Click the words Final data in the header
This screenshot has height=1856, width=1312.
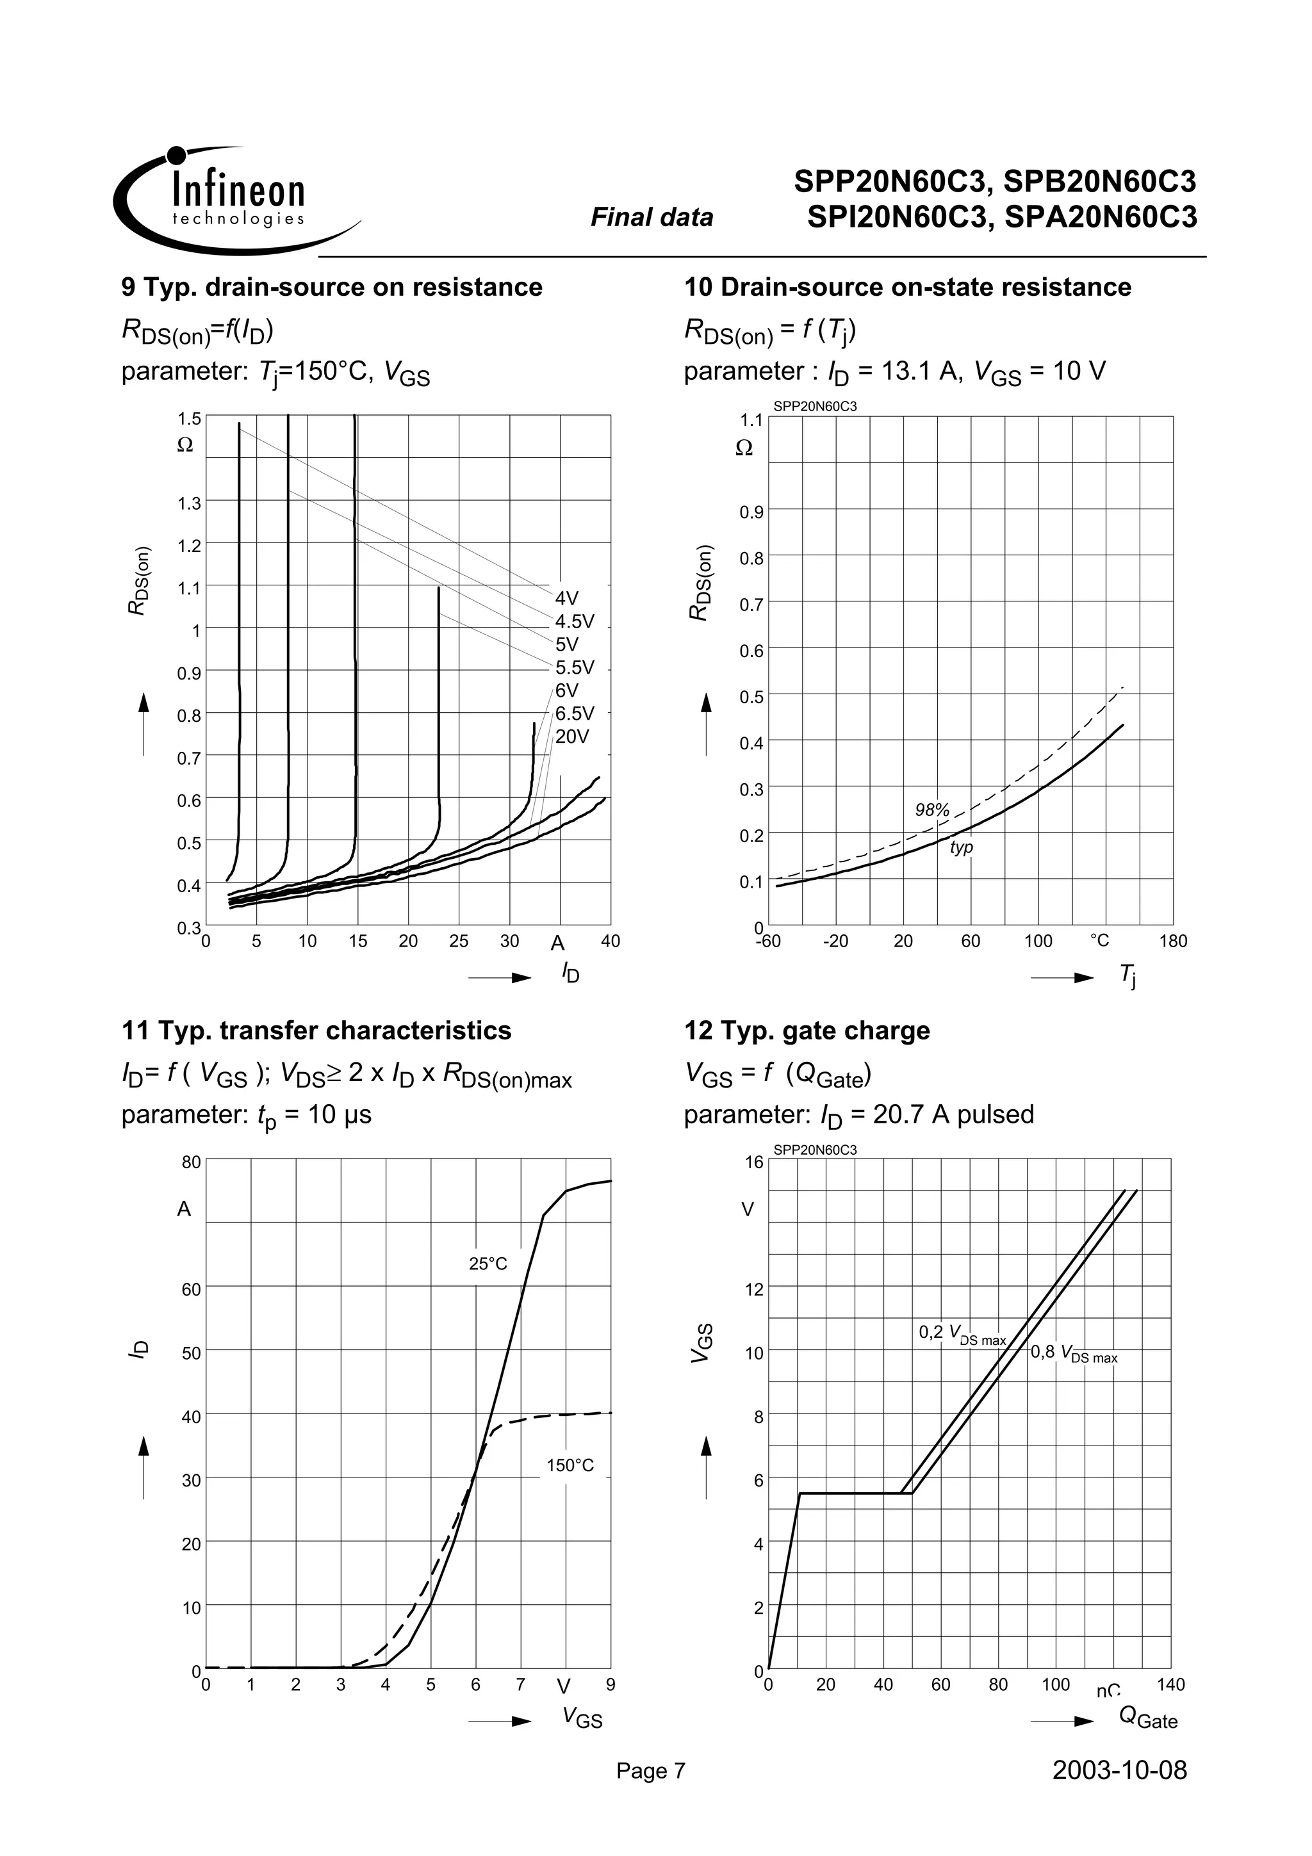pyautogui.click(x=652, y=218)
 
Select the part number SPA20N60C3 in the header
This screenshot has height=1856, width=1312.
pyautogui.click(x=1100, y=218)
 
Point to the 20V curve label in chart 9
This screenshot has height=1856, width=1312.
pyautogui.click(x=571, y=737)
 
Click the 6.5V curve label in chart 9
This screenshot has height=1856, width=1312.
pyautogui.click(x=574, y=713)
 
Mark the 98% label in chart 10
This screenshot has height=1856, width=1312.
pyautogui.click(x=931, y=809)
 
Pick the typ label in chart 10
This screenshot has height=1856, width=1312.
pyautogui.click(x=960, y=847)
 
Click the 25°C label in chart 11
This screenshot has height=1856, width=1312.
pyautogui.click(x=488, y=1263)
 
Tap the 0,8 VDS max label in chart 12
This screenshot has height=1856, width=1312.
pyautogui.click(x=1074, y=1353)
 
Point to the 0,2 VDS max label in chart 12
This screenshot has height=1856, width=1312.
pyautogui.click(x=962, y=1335)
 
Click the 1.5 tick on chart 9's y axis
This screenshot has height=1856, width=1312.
pyautogui.click(x=189, y=418)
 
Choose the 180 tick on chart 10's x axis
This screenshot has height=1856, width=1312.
pyautogui.click(x=1173, y=941)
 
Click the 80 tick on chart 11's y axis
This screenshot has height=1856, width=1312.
pyautogui.click(x=191, y=1162)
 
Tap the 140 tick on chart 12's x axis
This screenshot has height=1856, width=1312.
pyautogui.click(x=1170, y=1684)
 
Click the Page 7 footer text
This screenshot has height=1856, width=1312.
pyautogui.click(x=650, y=1771)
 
